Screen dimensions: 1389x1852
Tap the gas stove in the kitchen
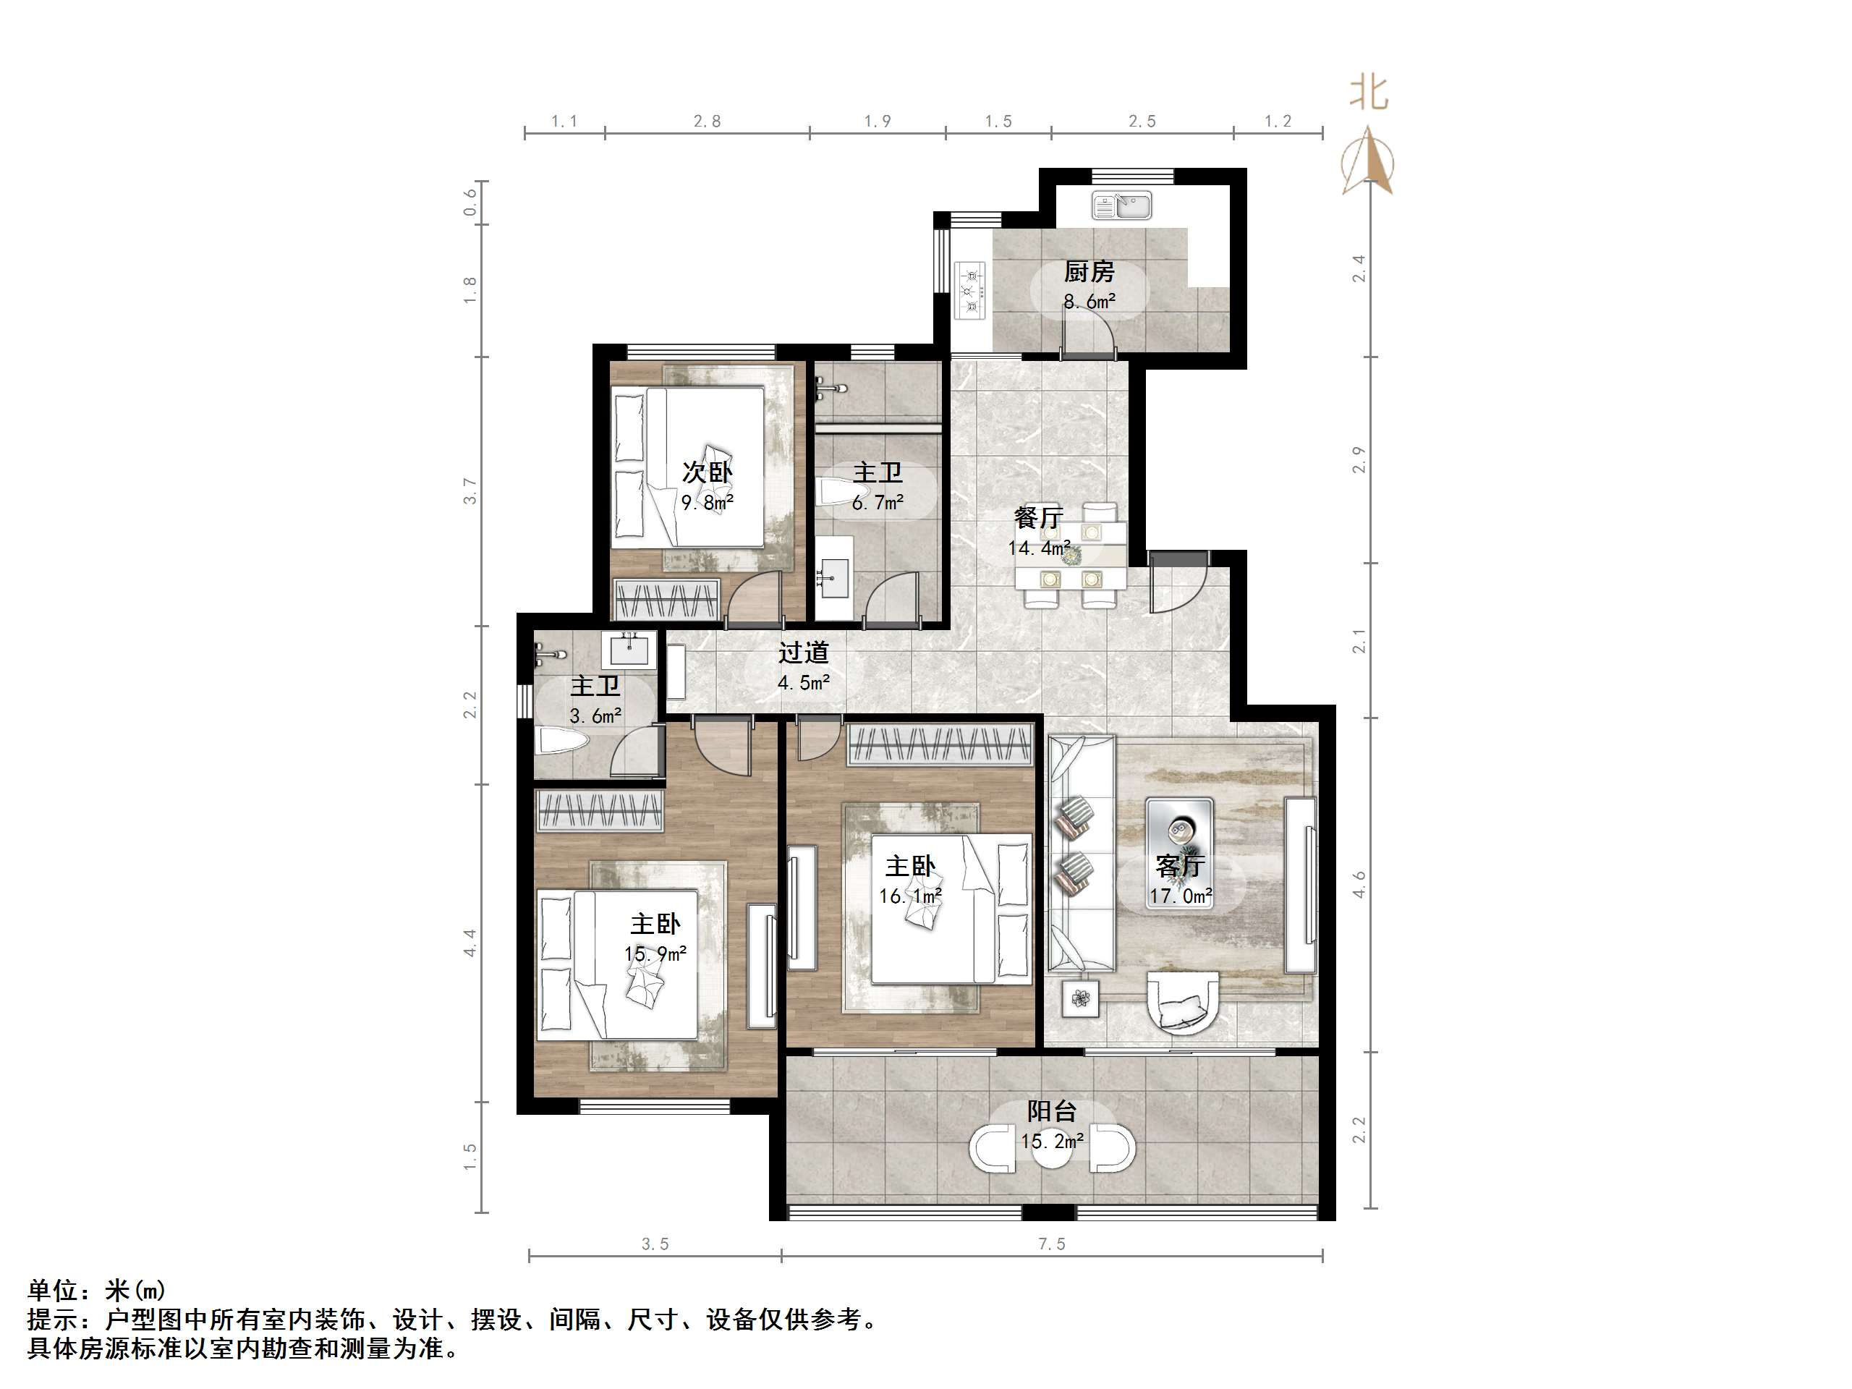tap(971, 291)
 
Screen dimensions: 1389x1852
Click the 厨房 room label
tap(1089, 272)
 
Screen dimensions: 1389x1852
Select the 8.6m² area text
tap(1089, 302)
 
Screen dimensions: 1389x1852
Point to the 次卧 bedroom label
tap(707, 472)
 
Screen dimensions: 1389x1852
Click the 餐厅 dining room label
tap(1038, 517)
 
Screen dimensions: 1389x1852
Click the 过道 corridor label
tap(804, 653)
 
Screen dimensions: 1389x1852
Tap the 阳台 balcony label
tap(1052, 1111)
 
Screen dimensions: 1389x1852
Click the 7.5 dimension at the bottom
tap(1052, 1244)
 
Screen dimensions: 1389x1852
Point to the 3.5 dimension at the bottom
tap(655, 1244)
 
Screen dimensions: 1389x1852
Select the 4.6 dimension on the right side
tap(1359, 885)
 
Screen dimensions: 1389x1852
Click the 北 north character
tap(1368, 92)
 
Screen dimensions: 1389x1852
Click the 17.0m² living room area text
tap(1181, 896)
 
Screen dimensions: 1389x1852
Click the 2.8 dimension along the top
tap(707, 122)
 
